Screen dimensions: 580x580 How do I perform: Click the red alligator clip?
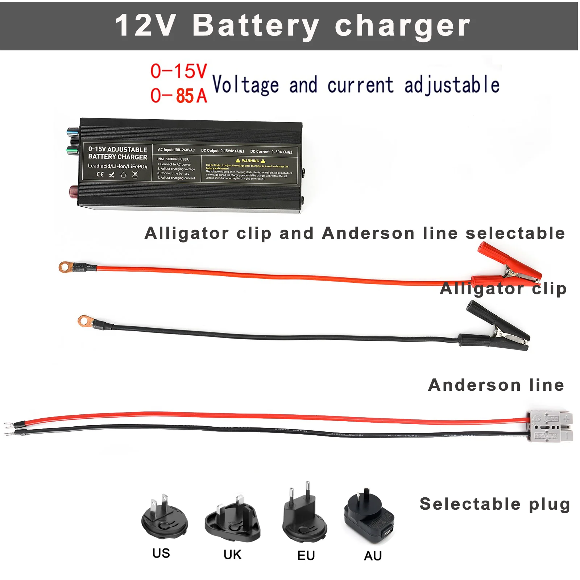pyautogui.click(x=507, y=266)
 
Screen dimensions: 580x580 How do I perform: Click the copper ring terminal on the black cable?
pyautogui.click(x=84, y=320)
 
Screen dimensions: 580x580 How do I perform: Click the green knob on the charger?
pyautogui.click(x=72, y=149)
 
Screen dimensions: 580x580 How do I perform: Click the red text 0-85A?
pyautogui.click(x=179, y=96)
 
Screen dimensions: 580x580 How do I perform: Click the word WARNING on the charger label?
pyautogui.click(x=250, y=161)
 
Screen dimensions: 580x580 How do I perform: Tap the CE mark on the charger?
pyautogui.click(x=100, y=174)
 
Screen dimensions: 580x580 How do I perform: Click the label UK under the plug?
pyautogui.click(x=232, y=554)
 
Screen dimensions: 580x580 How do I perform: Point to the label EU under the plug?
pyautogui.click(x=306, y=555)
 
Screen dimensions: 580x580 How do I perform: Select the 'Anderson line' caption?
pyautogui.click(x=496, y=385)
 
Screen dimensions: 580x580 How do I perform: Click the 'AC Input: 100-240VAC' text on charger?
pyautogui.click(x=176, y=150)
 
